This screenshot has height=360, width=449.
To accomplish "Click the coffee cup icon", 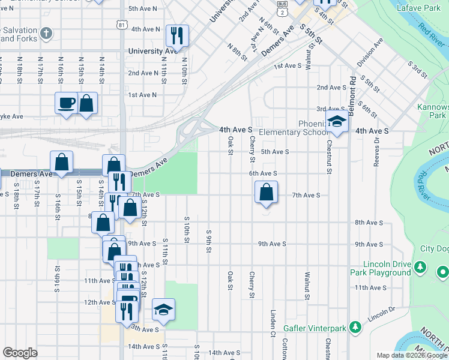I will tap(67, 102).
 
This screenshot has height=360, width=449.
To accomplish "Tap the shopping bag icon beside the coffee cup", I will tap(87, 102).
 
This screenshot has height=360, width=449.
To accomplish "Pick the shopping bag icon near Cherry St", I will tap(266, 192).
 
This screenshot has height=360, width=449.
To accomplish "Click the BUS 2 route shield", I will tap(282, 8).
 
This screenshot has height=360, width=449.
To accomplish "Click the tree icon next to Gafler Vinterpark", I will tap(355, 327).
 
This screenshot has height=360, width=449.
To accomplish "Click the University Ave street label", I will tap(153, 51).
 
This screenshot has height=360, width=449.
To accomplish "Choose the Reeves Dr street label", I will tap(377, 148).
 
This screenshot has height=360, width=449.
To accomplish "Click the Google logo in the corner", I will tap(20, 353).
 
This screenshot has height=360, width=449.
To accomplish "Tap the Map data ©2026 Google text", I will tap(412, 355).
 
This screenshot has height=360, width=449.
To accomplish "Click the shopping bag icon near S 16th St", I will tap(62, 162).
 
